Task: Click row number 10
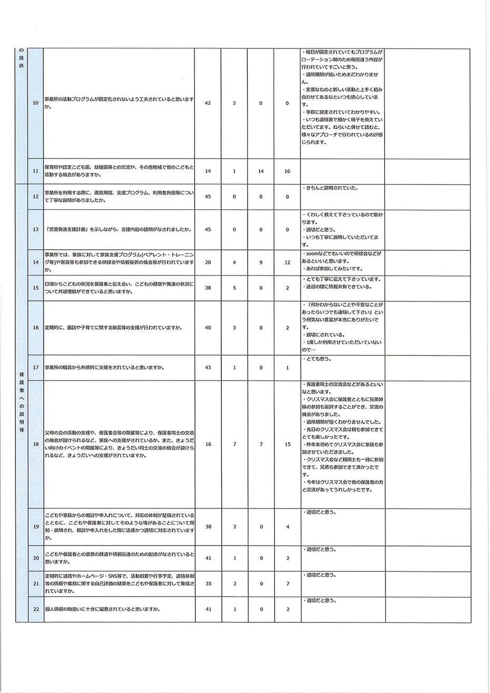[x=35, y=103]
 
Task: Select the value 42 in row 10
[x=208, y=103]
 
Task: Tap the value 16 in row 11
[x=287, y=171]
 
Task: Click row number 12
[x=35, y=197]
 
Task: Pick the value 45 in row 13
[x=208, y=230]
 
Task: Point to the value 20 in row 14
[x=208, y=262]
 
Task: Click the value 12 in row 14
[x=287, y=262]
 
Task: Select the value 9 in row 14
[x=261, y=262]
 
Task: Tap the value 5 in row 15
[x=234, y=288]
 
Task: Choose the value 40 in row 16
[x=208, y=328]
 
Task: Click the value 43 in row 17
[x=208, y=367]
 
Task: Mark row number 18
[x=35, y=444]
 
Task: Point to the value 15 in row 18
[x=287, y=444]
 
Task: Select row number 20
[x=35, y=558]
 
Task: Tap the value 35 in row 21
[x=208, y=584]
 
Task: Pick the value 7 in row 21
[x=287, y=584]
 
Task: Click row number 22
[x=35, y=609]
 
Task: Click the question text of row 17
[x=106, y=367]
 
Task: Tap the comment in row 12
[x=331, y=188]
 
